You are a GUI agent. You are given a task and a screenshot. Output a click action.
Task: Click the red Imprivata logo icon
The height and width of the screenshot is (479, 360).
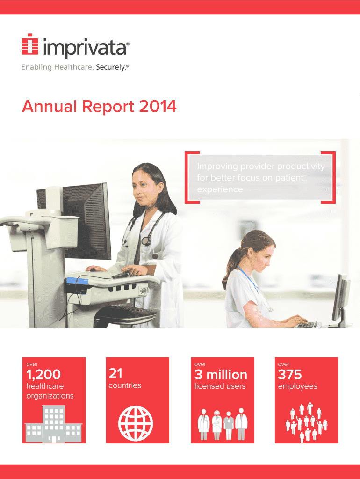(30, 44)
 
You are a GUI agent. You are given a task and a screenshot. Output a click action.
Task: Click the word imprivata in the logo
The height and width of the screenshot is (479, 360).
(85, 48)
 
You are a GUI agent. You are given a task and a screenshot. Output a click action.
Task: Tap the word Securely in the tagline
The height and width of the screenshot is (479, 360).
(110, 67)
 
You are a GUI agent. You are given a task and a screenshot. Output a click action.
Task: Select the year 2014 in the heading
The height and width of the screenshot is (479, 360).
(158, 106)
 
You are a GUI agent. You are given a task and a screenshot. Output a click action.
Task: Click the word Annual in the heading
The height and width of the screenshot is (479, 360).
(49, 106)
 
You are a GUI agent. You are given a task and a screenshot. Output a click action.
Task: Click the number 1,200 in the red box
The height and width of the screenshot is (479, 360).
(43, 375)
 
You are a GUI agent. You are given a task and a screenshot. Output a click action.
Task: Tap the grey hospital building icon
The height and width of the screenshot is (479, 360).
(53, 424)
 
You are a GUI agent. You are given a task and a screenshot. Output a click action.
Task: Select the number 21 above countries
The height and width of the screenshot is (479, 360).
(115, 373)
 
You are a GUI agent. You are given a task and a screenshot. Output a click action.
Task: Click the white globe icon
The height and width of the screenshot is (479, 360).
(136, 423)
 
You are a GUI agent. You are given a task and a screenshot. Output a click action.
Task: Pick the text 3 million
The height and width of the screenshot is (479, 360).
(221, 375)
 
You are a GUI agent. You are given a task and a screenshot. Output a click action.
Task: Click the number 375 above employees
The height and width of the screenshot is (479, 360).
(290, 375)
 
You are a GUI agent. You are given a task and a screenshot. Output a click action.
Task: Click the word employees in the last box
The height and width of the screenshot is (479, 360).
(297, 386)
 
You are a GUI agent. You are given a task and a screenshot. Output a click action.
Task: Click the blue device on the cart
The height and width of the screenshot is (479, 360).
(77, 281)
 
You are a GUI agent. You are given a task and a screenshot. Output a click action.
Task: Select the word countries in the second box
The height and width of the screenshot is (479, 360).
(125, 385)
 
